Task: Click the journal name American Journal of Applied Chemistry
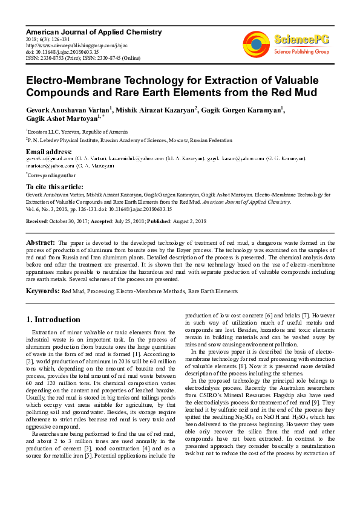pos(94,31)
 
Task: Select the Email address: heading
pos(49,151)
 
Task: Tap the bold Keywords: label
pos(42,291)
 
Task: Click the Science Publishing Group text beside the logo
pos(301,52)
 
